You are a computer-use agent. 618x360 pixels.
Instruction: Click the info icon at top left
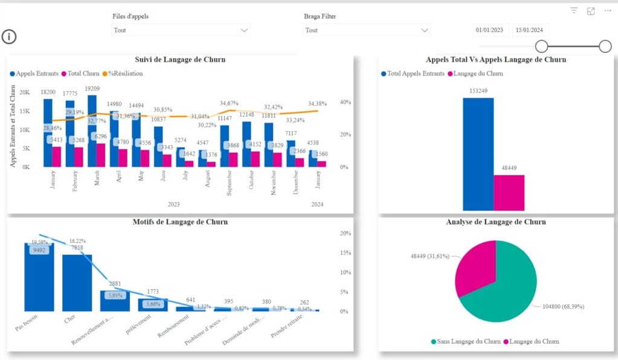click(9, 37)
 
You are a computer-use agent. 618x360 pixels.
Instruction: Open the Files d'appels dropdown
click(181, 30)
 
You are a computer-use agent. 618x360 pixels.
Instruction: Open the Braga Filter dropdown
click(367, 30)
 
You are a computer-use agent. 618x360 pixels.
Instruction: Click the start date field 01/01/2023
click(490, 30)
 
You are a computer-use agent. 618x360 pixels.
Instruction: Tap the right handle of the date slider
click(605, 47)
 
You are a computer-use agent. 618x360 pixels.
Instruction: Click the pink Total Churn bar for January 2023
click(57, 156)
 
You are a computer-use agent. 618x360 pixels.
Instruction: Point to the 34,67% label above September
click(233, 103)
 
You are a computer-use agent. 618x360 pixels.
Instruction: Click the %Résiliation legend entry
click(125, 73)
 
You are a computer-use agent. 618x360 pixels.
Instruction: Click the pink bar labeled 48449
click(509, 191)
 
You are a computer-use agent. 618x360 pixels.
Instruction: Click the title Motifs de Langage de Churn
click(180, 222)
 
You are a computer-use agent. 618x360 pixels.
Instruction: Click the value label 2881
click(115, 283)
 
